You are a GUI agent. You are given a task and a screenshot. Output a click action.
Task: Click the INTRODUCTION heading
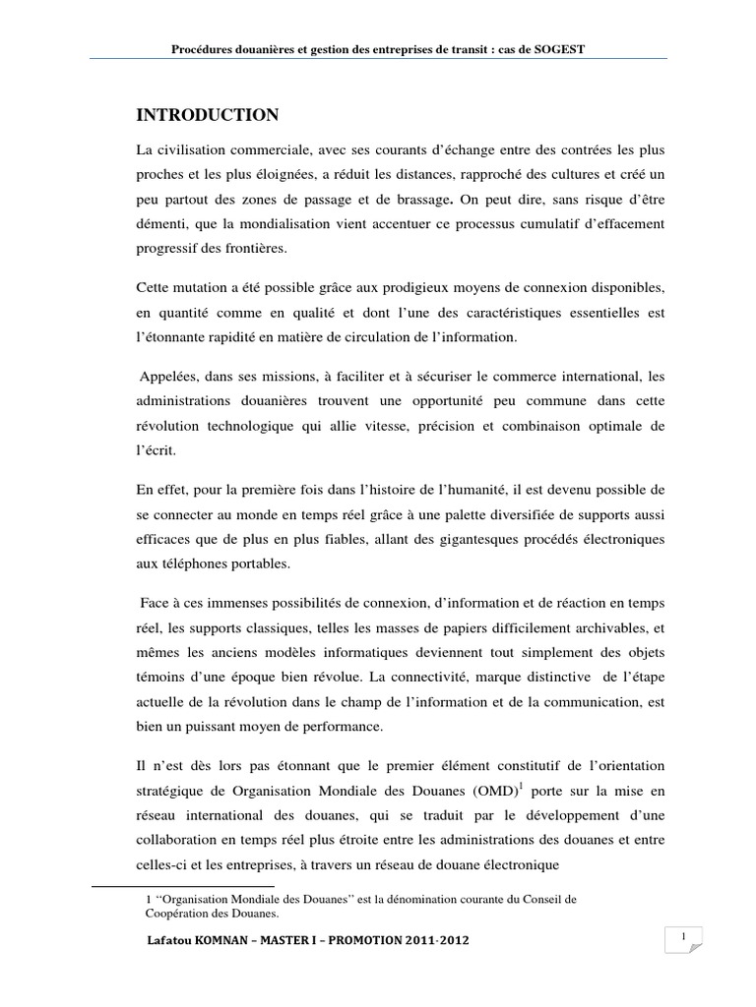(x=207, y=116)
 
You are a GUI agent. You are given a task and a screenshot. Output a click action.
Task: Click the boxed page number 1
(x=681, y=939)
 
